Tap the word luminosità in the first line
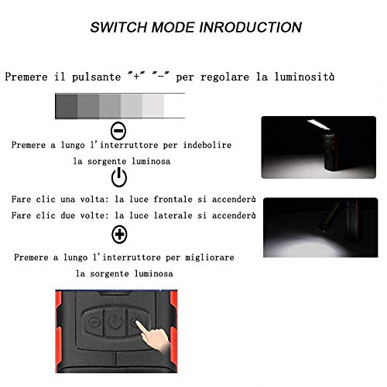304,77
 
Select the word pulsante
96,77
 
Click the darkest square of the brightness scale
67,106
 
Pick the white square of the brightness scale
174,106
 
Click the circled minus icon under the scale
118,131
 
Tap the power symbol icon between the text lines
119,177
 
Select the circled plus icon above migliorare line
119,235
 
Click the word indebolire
207,145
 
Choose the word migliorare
210,258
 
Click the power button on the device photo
115,322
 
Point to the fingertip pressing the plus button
138,324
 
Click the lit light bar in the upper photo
319,124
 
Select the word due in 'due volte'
67,215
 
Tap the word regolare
224,77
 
